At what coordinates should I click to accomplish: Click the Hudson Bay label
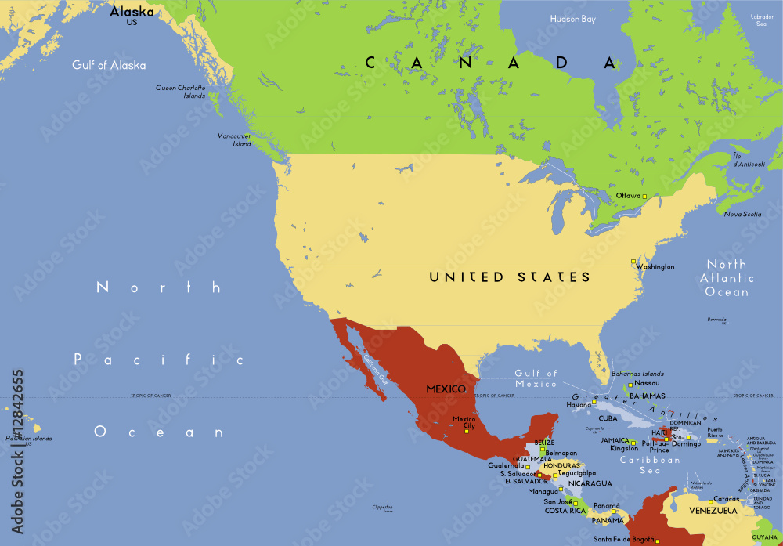(572, 19)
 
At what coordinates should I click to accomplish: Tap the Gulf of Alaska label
(109, 65)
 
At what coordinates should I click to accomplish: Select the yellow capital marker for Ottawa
(644, 195)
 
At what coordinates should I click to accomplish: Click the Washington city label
(655, 267)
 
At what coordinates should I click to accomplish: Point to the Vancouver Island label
(235, 139)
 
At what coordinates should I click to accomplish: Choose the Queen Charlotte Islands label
(181, 92)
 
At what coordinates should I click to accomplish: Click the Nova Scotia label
(742, 214)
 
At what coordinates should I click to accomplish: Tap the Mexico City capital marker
(467, 430)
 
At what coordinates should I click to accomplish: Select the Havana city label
(579, 405)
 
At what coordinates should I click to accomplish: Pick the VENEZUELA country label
(713, 511)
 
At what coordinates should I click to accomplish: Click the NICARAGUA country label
(590, 483)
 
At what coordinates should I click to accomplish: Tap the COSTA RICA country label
(565, 511)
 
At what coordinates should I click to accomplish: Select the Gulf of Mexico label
(536, 378)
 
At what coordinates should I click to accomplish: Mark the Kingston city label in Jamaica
(624, 449)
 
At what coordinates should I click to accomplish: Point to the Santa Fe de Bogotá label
(623, 539)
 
